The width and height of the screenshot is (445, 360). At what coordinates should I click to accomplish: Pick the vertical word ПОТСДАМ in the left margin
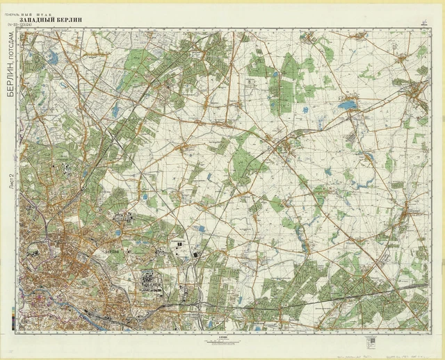tap(10, 43)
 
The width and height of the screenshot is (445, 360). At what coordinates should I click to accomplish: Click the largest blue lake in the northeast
tap(347, 105)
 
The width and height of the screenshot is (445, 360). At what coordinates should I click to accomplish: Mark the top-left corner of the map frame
tap(19, 29)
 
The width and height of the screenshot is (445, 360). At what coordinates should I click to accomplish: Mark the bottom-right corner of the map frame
tap(430, 331)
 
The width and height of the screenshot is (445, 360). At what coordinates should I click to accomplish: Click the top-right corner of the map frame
tap(430, 29)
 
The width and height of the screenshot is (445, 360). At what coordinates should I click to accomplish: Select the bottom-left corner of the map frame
tap(19, 331)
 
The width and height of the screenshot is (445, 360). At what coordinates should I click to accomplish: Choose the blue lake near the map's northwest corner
tap(52, 59)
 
